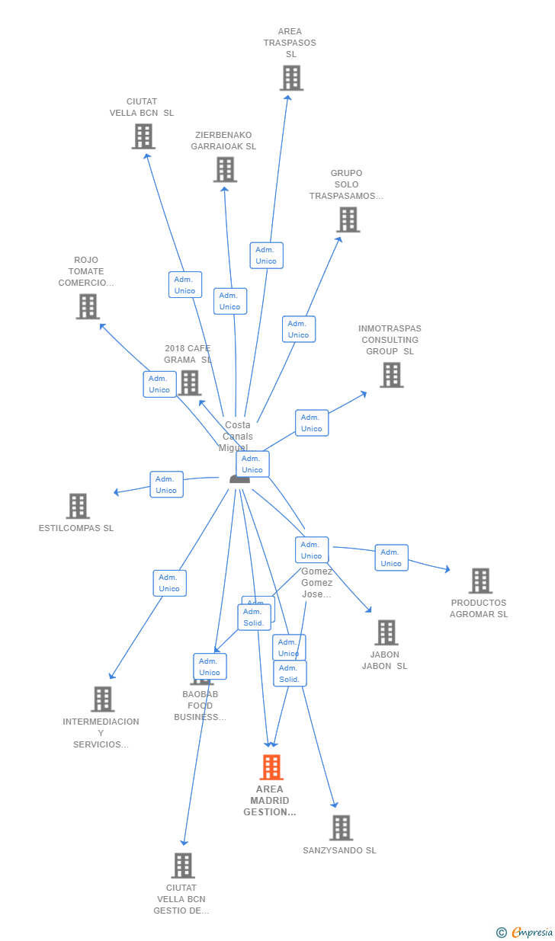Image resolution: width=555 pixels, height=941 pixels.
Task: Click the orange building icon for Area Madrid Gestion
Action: pyautogui.click(x=271, y=767)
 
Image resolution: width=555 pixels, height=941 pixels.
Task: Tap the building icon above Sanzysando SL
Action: pyautogui.click(x=341, y=827)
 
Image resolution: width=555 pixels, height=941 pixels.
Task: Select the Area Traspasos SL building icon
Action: pyautogui.click(x=291, y=78)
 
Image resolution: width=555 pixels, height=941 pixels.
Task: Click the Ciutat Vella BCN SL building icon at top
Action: pyautogui.click(x=143, y=136)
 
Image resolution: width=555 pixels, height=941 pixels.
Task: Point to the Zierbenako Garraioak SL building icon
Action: pyautogui.click(x=225, y=169)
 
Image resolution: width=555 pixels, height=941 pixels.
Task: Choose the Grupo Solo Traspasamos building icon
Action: pyautogui.click(x=348, y=219)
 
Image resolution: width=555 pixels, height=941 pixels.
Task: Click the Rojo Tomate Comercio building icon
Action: pyautogui.click(x=88, y=306)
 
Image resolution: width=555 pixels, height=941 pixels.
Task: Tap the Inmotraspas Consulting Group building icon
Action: pyautogui.click(x=392, y=375)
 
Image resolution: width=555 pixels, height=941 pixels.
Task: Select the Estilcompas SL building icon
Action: pyautogui.click(x=78, y=506)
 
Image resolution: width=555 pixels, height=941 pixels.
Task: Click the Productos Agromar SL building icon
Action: pyautogui.click(x=480, y=581)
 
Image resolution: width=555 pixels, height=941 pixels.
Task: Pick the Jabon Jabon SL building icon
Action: pyautogui.click(x=387, y=632)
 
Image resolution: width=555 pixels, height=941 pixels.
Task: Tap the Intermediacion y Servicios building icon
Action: pyautogui.click(x=102, y=699)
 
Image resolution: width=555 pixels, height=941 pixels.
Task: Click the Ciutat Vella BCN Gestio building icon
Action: pyautogui.click(x=183, y=866)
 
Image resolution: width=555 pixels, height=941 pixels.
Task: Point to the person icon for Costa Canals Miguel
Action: pyautogui.click(x=239, y=479)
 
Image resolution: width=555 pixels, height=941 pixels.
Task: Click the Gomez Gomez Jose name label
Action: pyautogui.click(x=316, y=583)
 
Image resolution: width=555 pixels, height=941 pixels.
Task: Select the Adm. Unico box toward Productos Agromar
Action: pyautogui.click(x=391, y=558)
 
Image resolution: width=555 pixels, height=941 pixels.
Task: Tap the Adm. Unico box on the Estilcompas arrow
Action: pyautogui.click(x=166, y=485)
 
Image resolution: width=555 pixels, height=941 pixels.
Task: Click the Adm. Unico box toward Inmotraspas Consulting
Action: pyautogui.click(x=311, y=423)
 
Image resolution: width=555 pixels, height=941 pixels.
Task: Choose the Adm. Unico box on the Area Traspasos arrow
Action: pyautogui.click(x=266, y=255)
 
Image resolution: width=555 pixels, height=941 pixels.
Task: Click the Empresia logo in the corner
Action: pyautogui.click(x=531, y=932)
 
